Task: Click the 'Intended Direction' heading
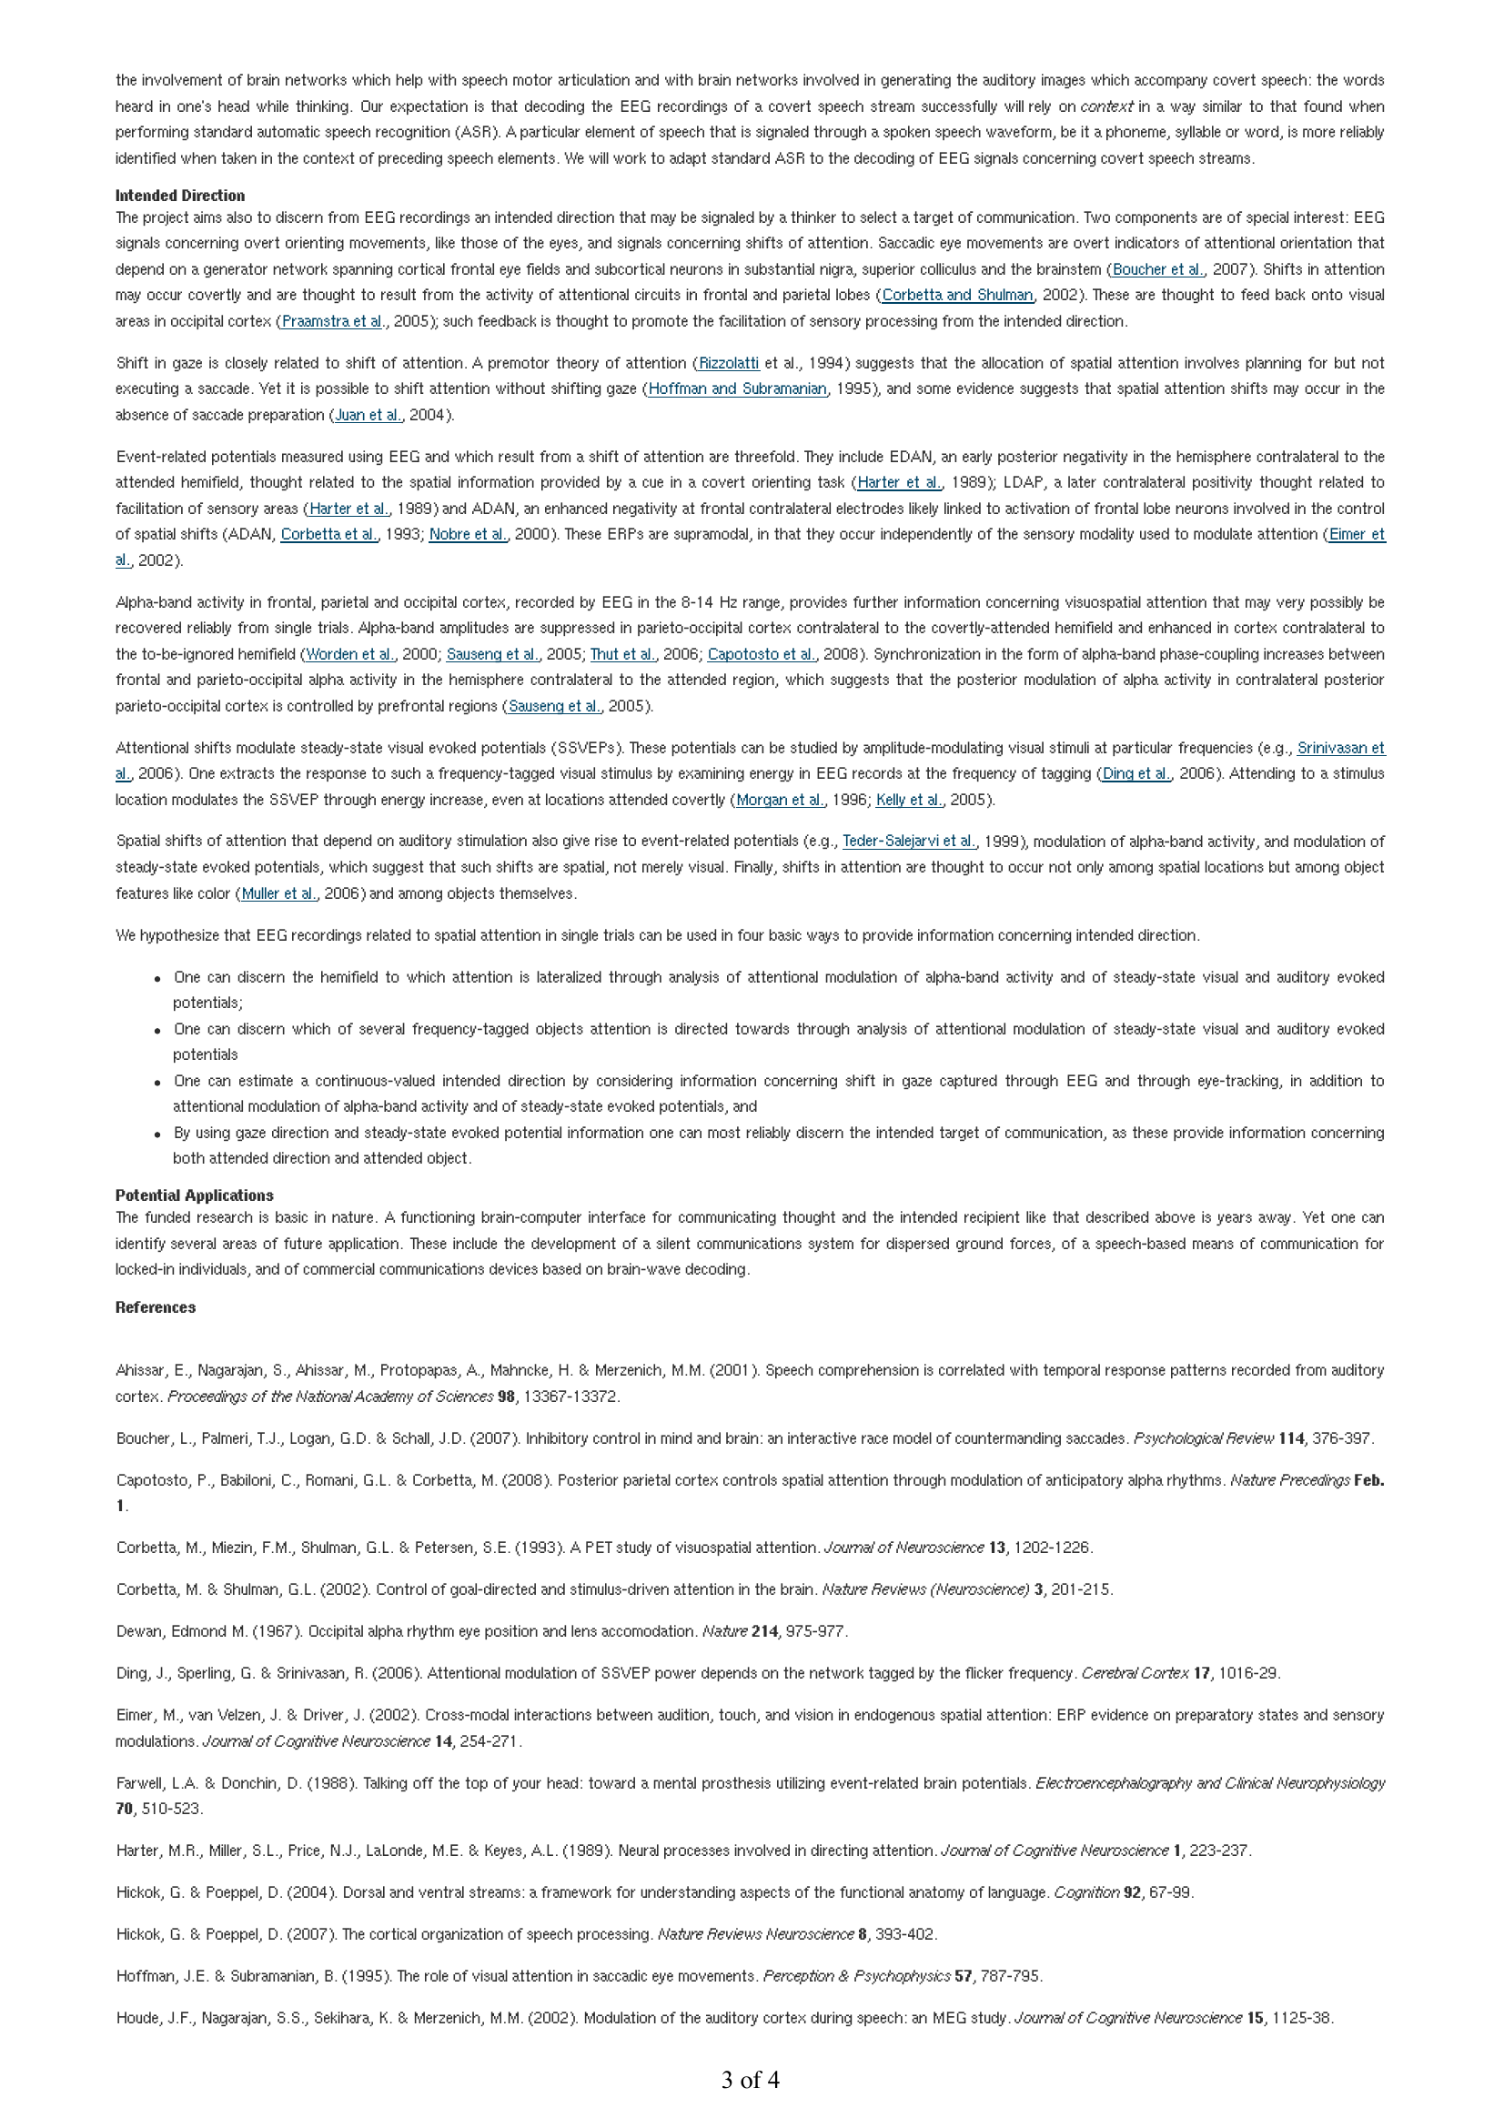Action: tap(180, 196)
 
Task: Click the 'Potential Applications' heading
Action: tap(194, 1195)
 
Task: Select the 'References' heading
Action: tap(155, 1306)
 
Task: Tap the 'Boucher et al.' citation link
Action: tap(1158, 269)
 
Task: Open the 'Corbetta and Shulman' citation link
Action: tap(957, 295)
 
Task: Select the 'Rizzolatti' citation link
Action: tap(729, 363)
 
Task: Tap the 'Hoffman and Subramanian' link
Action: tap(737, 389)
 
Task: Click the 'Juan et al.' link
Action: tap(368, 415)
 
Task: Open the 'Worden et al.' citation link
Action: tap(350, 654)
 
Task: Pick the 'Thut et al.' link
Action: tap(622, 654)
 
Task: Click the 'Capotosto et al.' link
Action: tap(762, 654)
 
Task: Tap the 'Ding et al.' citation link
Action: tap(1136, 774)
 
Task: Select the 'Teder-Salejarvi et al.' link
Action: tap(908, 842)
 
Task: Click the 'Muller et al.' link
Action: tap(278, 894)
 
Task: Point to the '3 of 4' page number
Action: tap(751, 2080)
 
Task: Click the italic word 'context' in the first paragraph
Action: tap(1106, 106)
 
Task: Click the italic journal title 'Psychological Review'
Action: tap(1203, 1438)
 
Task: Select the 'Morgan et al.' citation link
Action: tap(780, 800)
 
